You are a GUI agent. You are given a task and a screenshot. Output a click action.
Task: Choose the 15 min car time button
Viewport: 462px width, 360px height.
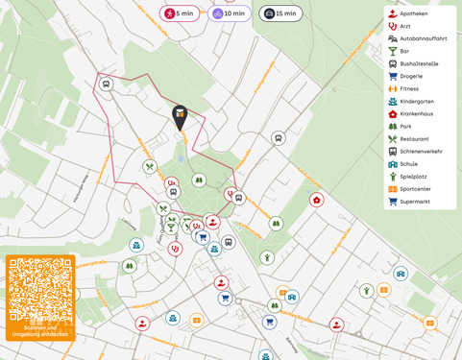pos(280,13)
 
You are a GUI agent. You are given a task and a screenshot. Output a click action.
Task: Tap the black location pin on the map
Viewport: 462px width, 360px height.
pos(180,117)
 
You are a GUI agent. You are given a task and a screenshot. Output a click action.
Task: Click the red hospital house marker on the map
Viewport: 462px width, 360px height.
pos(317,200)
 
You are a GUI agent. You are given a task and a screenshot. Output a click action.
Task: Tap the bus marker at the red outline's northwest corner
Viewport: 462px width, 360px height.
pos(106,84)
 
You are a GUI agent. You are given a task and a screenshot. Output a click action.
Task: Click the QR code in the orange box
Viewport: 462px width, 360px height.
pos(39,293)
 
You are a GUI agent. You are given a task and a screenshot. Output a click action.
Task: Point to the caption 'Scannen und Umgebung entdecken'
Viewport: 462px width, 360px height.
pos(39,332)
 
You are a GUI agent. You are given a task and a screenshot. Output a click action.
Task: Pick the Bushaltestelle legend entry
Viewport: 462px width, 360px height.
pos(419,64)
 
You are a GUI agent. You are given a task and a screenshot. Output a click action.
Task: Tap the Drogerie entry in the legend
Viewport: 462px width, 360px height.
pos(412,77)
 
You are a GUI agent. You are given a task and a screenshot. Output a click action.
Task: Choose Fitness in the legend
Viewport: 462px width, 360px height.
pos(410,89)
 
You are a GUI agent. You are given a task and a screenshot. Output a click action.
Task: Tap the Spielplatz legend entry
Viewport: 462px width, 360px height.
pos(414,177)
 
